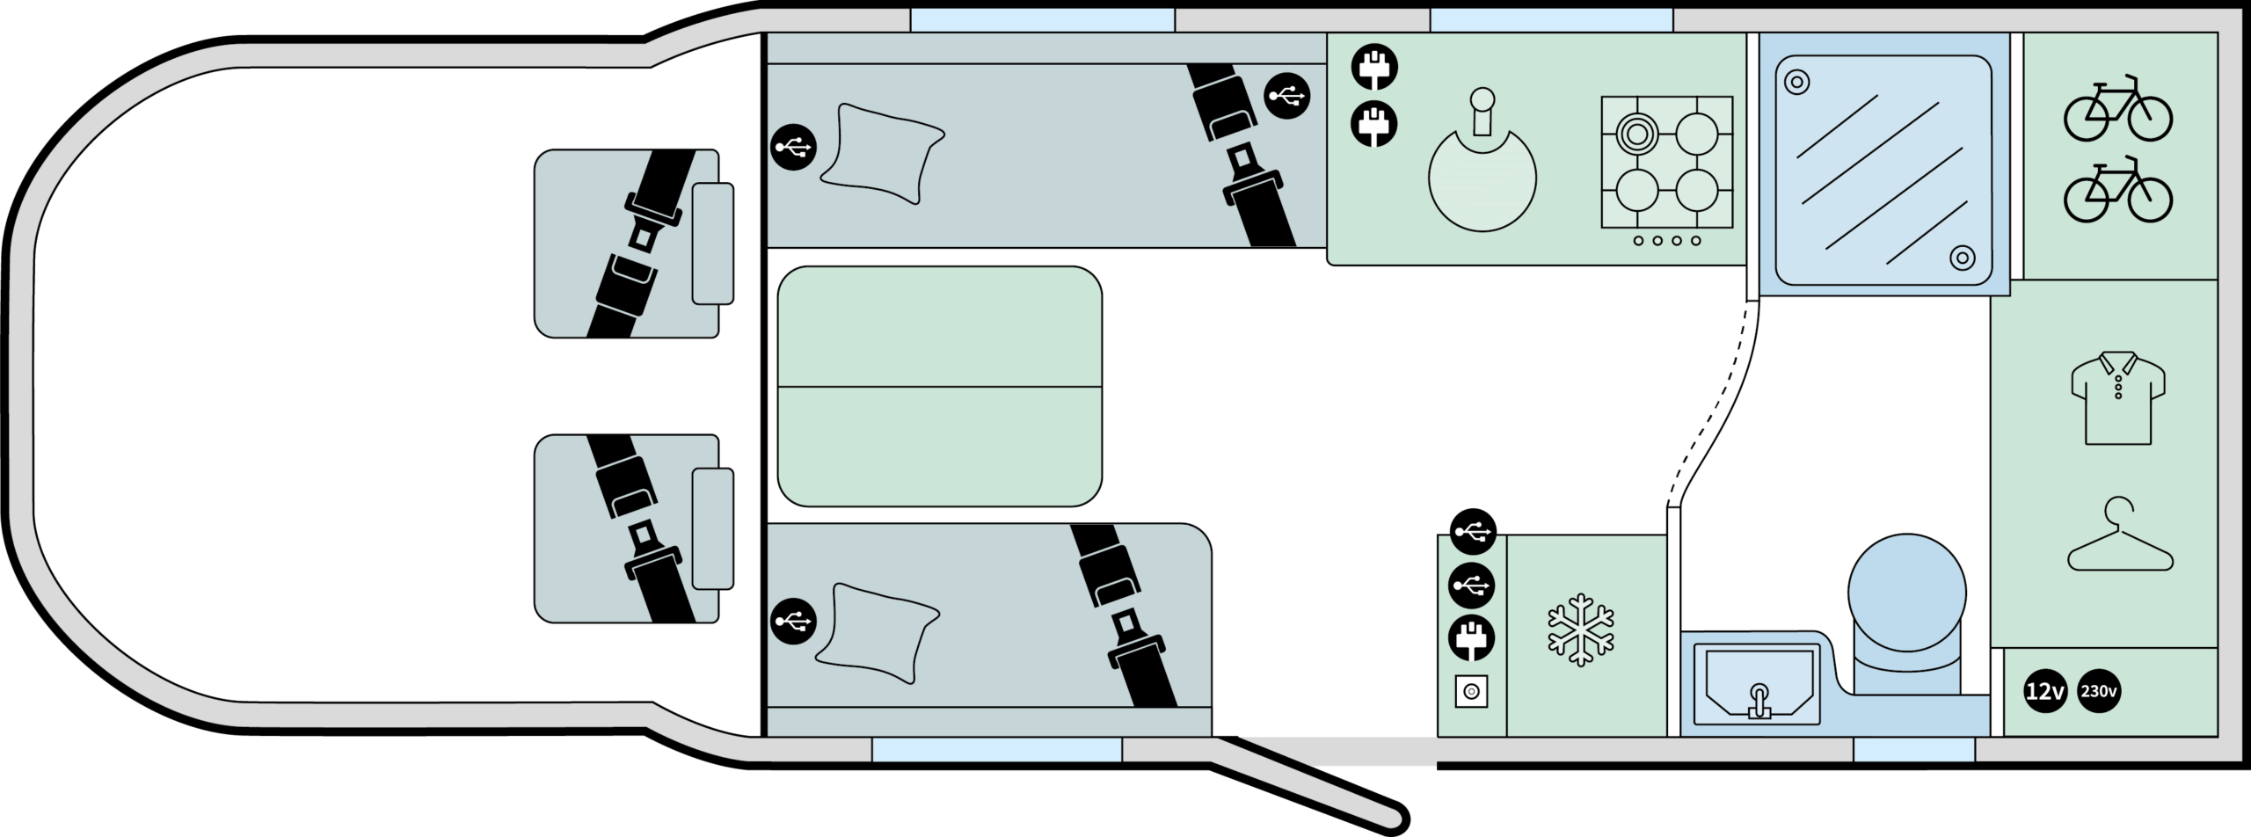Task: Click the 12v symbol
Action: (x=2045, y=692)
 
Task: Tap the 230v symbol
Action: (x=2099, y=692)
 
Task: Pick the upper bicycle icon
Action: (x=2118, y=108)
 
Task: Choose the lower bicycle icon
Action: (x=2118, y=189)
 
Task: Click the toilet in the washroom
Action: (x=1907, y=615)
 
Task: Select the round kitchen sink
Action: (x=1482, y=176)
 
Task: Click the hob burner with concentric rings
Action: (x=1636, y=135)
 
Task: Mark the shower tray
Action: (x=1883, y=171)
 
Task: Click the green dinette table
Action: (x=939, y=386)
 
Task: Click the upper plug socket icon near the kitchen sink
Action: (x=1374, y=67)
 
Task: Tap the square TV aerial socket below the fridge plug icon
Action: (x=1471, y=692)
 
